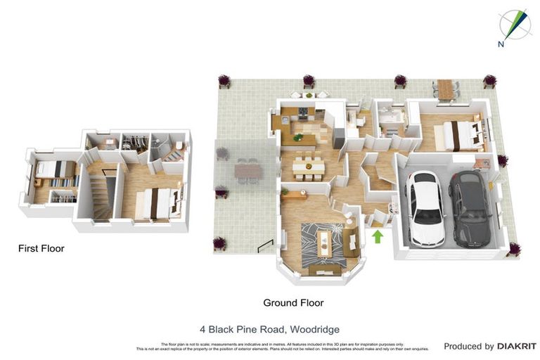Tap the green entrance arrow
pyautogui.click(x=378, y=236)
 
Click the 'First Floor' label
pyautogui.click(x=41, y=248)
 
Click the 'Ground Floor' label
pyautogui.click(x=293, y=303)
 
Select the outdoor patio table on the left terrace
pyautogui.click(x=247, y=170)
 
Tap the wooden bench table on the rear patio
pyautogui.click(x=445, y=88)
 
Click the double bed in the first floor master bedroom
pyautogui.click(x=154, y=202)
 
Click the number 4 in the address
pyautogui.click(x=202, y=329)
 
